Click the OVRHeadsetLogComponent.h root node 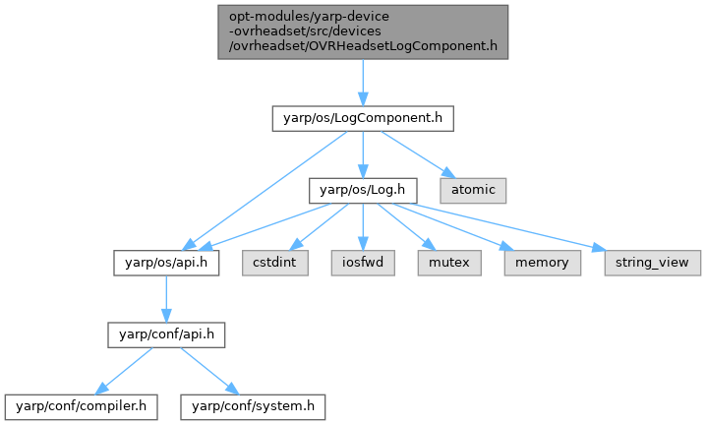pyautogui.click(x=362, y=31)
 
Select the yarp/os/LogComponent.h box pyautogui.click(x=363, y=118)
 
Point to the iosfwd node pyautogui.click(x=363, y=263)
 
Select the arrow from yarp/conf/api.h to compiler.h pyautogui.click(x=122, y=369)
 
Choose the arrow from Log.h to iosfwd pyautogui.click(x=363, y=225)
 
